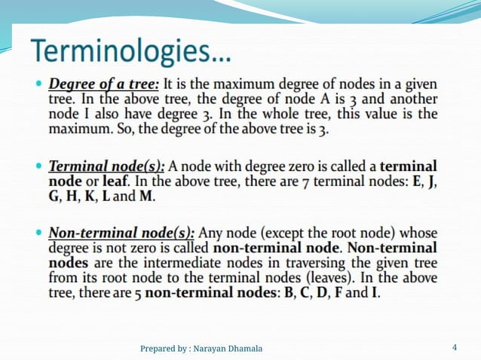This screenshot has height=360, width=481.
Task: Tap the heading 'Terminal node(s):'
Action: click(x=107, y=166)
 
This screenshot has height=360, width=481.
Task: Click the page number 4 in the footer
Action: click(x=454, y=347)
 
